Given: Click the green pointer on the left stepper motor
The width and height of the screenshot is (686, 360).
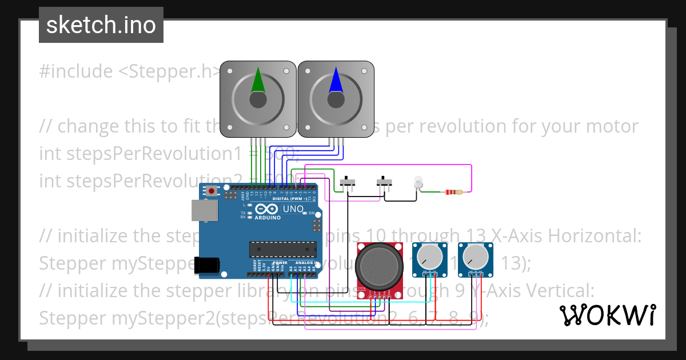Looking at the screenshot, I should (x=258, y=81).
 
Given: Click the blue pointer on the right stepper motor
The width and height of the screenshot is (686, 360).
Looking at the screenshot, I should (x=336, y=81).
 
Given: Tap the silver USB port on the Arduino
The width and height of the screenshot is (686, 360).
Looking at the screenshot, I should (x=204, y=211).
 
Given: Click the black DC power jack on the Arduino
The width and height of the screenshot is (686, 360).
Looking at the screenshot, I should (x=206, y=265).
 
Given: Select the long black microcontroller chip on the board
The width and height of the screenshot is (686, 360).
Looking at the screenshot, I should (x=282, y=249).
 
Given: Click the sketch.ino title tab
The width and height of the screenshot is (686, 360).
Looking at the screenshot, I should (x=101, y=25).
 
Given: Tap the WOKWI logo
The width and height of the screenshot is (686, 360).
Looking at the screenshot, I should (x=607, y=315).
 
